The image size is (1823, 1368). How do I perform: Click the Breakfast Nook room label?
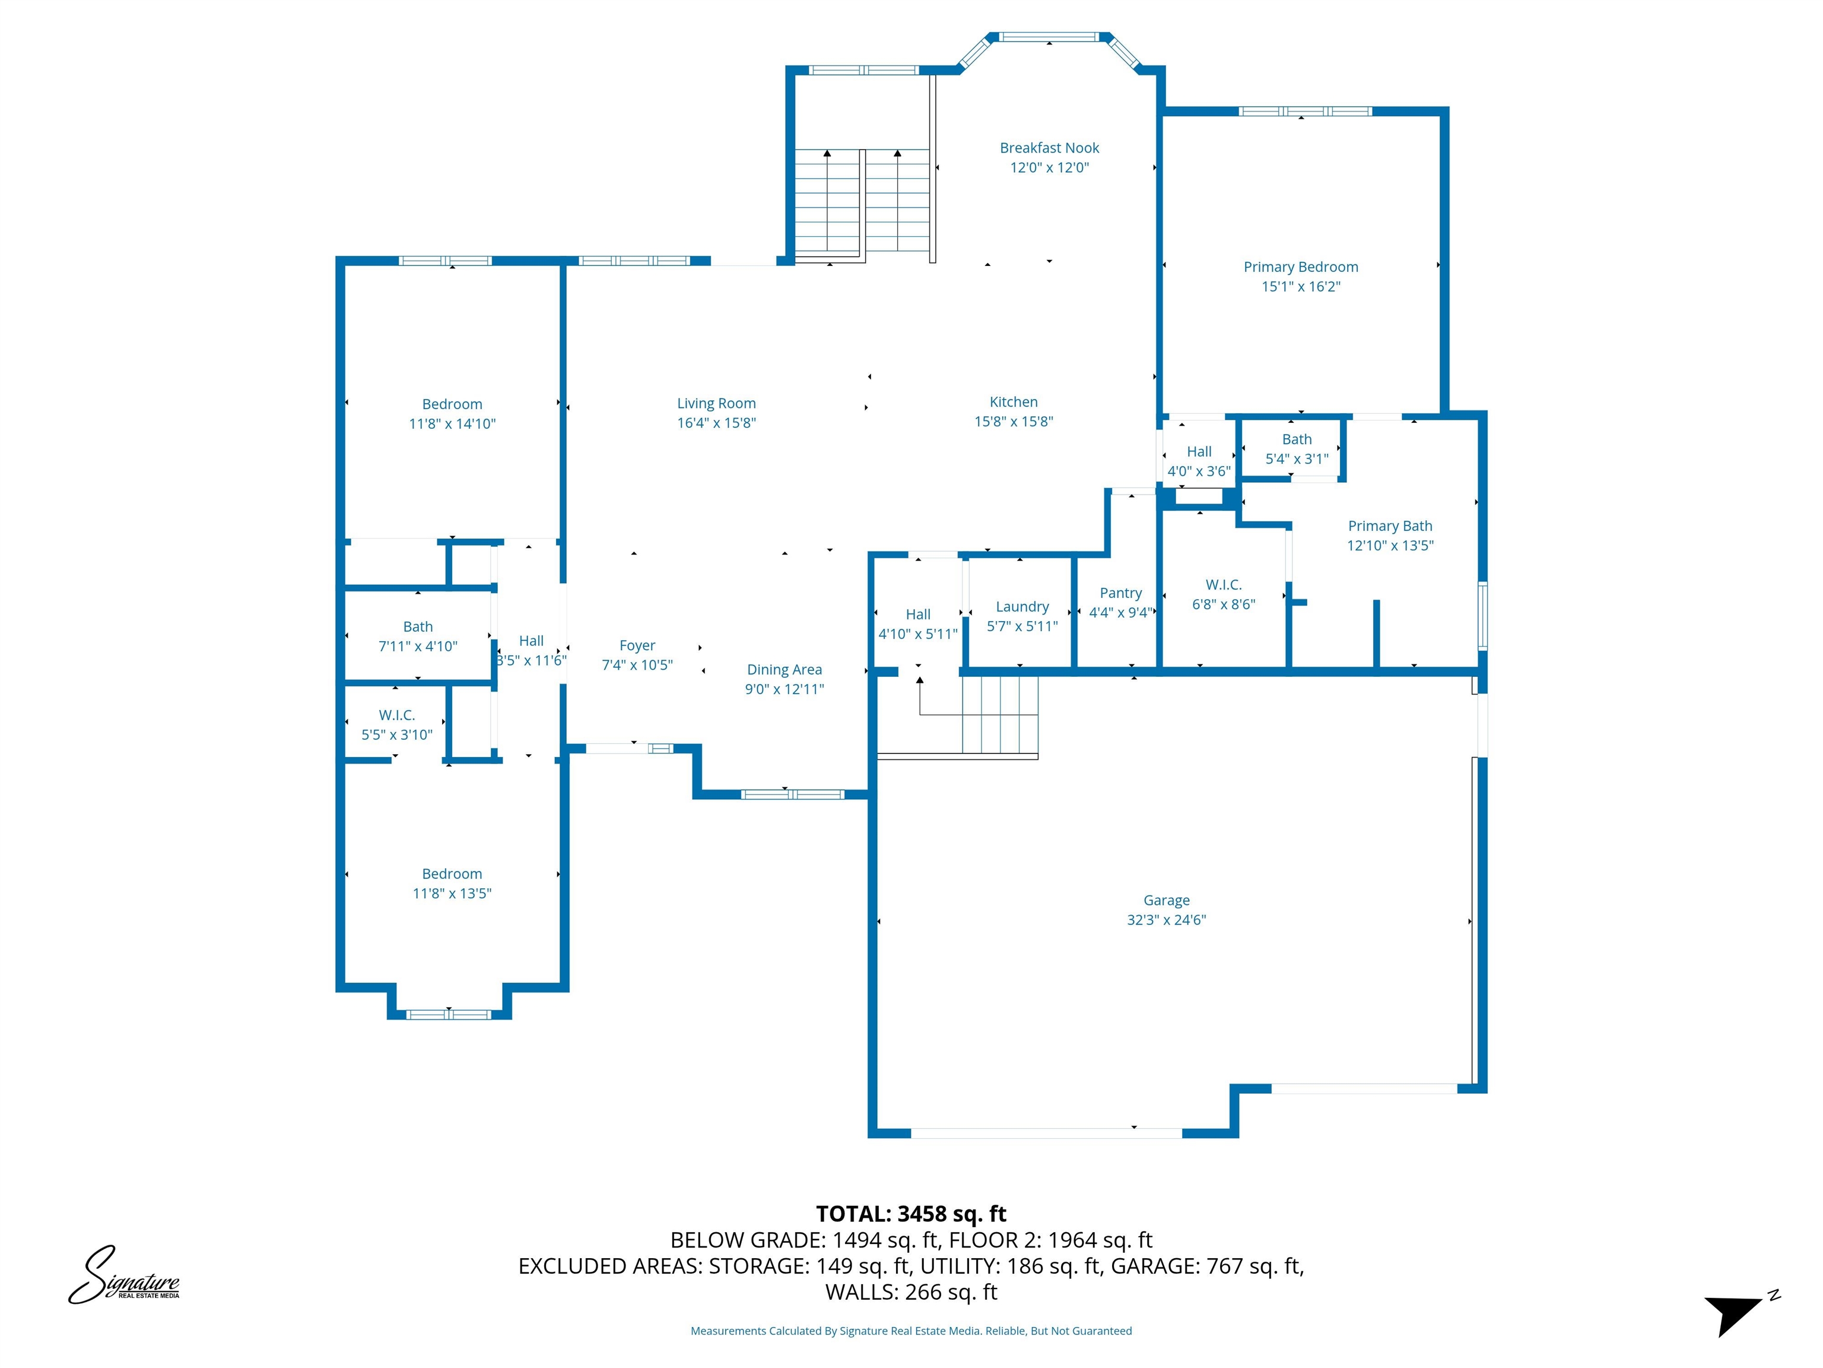pos(1049,148)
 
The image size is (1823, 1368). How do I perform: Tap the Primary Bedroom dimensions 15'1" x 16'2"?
pos(1301,287)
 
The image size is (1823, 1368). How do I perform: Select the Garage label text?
pos(1166,901)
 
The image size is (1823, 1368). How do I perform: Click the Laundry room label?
pos(1022,607)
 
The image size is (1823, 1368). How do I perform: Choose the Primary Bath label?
pos(1389,526)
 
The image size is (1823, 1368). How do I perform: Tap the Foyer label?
pos(637,645)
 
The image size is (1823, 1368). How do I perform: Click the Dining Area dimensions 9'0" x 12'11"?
pos(784,689)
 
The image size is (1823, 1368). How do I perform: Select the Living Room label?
pos(716,403)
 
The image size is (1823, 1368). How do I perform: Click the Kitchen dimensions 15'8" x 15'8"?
pos(1014,422)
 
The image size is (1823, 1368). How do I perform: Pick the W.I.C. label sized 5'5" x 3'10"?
pos(396,715)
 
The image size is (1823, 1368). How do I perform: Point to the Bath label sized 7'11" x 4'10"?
pos(418,626)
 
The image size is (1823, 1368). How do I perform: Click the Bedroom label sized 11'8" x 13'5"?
pos(452,874)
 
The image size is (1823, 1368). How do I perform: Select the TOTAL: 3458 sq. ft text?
pos(911,1214)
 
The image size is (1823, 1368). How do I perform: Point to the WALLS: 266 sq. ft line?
pos(911,1292)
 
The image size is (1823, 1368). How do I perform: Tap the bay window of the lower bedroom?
pos(449,1014)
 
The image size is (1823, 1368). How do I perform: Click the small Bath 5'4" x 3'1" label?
pos(1297,439)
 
